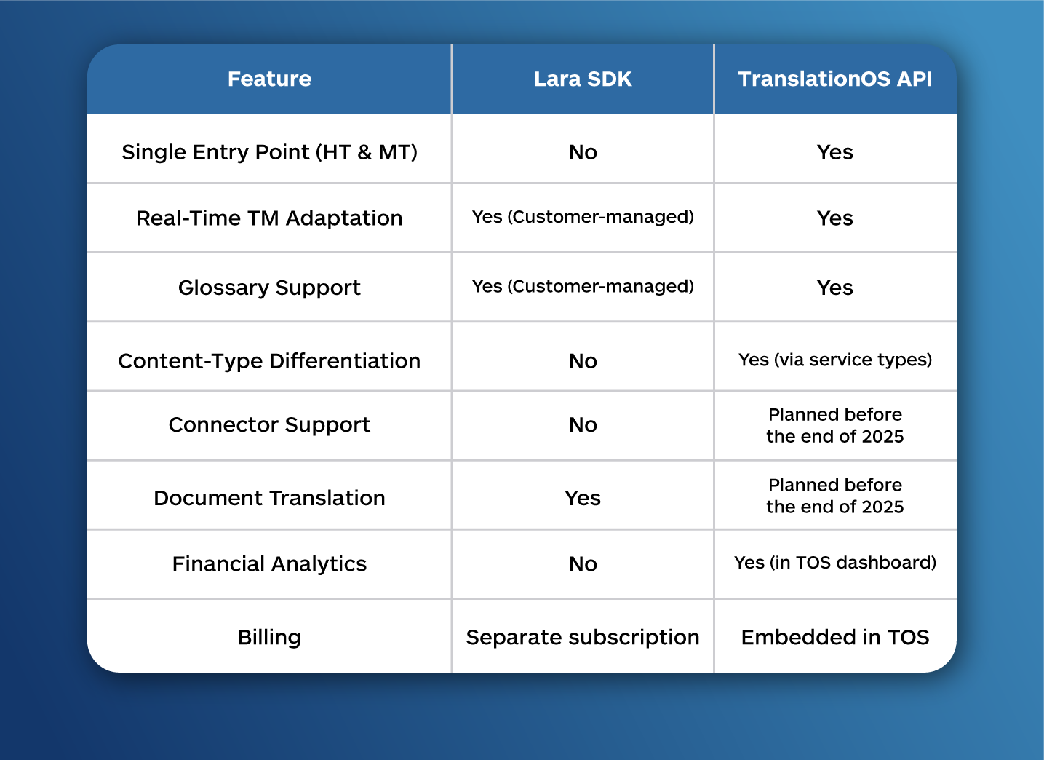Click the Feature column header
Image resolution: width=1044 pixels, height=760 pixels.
coord(269,79)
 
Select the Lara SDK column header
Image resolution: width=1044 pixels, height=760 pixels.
coord(583,79)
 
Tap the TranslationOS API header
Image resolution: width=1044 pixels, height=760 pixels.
coord(834,79)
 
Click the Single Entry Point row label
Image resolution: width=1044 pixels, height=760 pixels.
coord(269,152)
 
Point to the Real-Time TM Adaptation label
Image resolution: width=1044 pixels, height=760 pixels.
coord(269,218)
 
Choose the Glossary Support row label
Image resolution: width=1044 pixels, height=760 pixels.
coord(269,288)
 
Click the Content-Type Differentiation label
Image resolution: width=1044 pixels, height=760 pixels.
coord(269,361)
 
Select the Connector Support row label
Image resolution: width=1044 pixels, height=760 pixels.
coord(269,424)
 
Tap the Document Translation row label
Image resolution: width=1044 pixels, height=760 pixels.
coord(269,498)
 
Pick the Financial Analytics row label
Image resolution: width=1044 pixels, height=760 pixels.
coord(269,563)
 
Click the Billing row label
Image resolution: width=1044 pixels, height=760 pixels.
coord(269,637)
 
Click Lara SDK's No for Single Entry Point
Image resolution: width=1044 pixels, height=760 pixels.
coord(583,152)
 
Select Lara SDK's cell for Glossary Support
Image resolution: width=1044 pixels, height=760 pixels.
coord(583,286)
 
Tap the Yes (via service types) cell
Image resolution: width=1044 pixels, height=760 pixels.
coord(834,360)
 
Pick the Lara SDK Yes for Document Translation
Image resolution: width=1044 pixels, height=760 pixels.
coord(583,498)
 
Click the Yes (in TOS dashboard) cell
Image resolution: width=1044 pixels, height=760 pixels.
coord(834,562)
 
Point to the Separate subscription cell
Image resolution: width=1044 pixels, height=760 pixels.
coord(583,638)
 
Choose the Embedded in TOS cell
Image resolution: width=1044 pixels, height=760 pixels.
coord(834,637)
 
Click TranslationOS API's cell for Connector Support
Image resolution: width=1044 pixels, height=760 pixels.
coord(834,425)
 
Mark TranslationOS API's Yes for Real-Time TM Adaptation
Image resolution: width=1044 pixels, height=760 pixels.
coord(834,218)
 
